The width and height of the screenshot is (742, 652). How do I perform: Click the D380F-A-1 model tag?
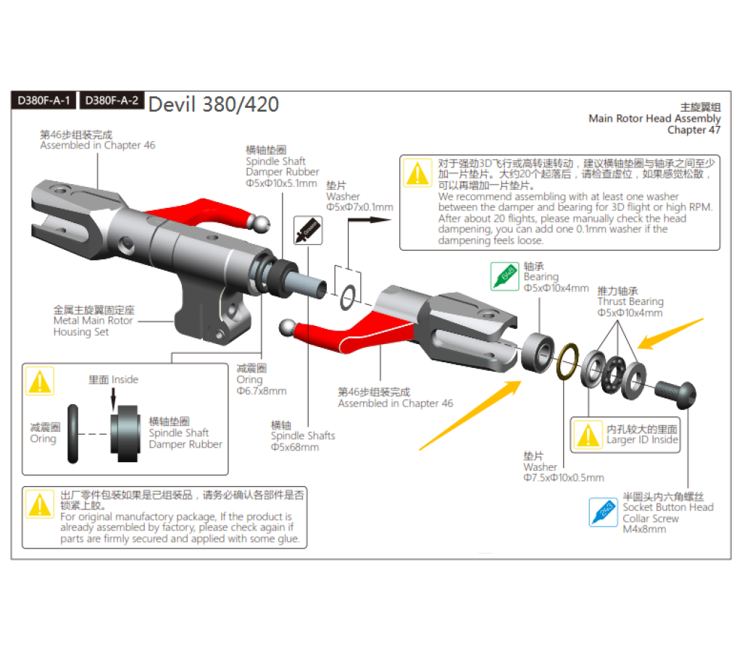[43, 101]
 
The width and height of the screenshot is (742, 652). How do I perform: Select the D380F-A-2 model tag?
[111, 101]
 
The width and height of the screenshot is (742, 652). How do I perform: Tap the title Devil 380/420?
[213, 104]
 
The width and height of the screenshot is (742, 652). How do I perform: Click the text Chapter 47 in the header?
[693, 130]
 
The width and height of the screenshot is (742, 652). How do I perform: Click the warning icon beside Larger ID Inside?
[586, 433]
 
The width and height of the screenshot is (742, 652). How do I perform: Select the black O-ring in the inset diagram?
[75, 432]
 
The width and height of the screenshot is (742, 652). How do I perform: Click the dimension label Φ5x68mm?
[295, 447]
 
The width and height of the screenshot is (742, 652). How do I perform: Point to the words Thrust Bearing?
[630, 301]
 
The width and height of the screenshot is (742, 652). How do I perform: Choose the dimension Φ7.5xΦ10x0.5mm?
[563, 478]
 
